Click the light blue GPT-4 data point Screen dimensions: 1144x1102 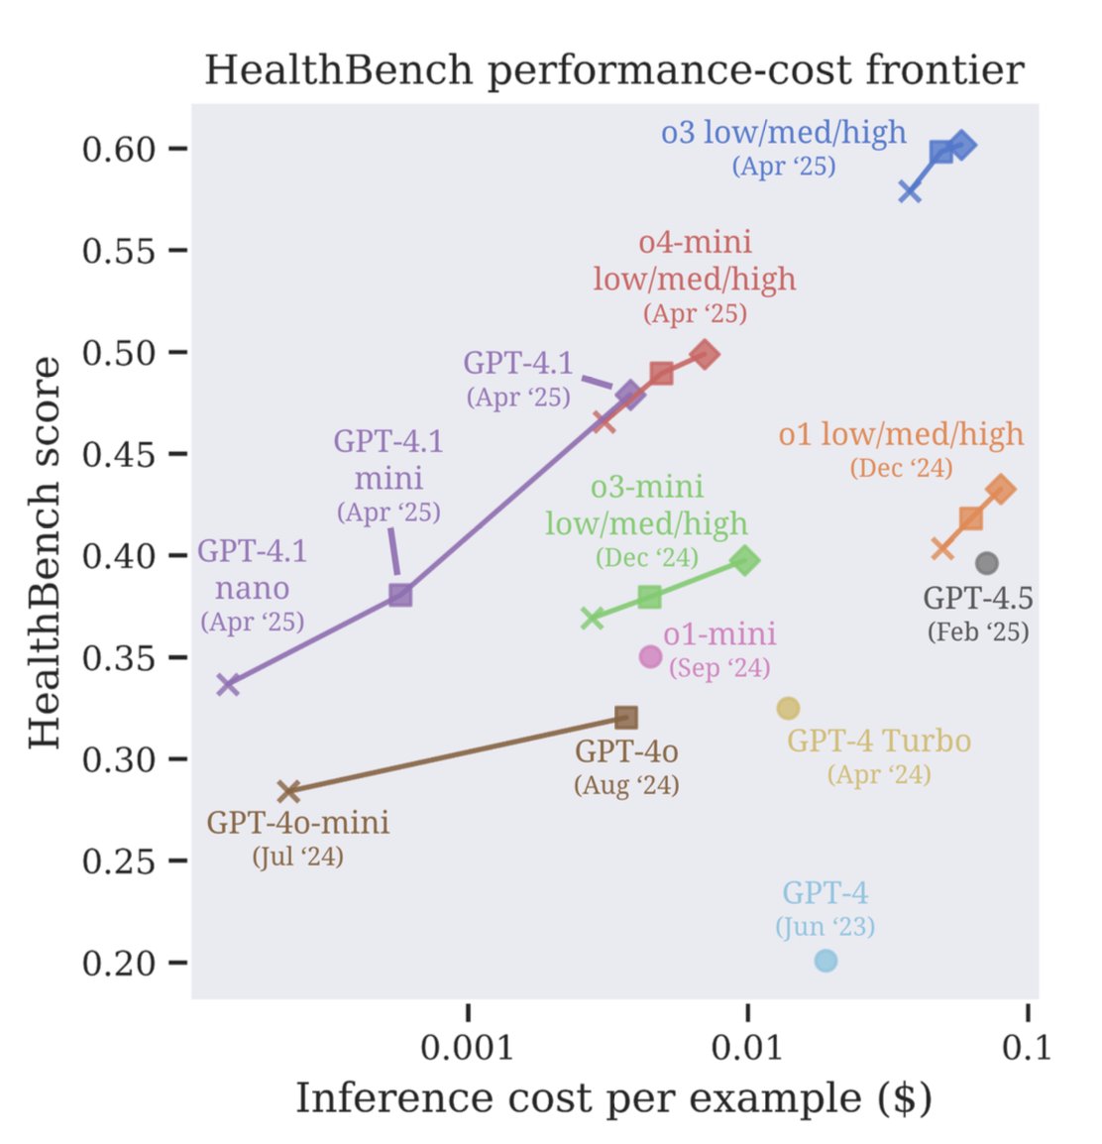(826, 961)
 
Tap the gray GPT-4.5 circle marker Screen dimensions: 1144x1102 (986, 563)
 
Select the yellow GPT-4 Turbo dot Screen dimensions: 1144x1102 (788, 708)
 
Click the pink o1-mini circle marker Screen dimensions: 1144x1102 (650, 655)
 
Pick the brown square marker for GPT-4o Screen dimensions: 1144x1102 (626, 717)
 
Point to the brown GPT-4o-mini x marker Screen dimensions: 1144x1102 (288, 791)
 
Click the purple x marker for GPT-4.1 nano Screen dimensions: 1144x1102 (228, 684)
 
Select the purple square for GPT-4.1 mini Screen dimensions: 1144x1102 (400, 595)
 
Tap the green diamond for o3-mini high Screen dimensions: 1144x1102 (746, 560)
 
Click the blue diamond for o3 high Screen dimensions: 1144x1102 (961, 146)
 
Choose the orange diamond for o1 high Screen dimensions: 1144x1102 (1001, 489)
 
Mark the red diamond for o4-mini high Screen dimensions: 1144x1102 (705, 354)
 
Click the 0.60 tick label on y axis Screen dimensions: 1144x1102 (119, 149)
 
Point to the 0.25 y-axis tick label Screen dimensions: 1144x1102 (119, 860)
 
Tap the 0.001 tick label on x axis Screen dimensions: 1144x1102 (468, 1047)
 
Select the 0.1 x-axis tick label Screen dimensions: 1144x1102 (1027, 1047)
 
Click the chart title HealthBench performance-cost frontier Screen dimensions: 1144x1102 (614, 70)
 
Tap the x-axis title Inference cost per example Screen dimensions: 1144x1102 (613, 1098)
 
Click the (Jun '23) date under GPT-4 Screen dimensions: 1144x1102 (825, 927)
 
